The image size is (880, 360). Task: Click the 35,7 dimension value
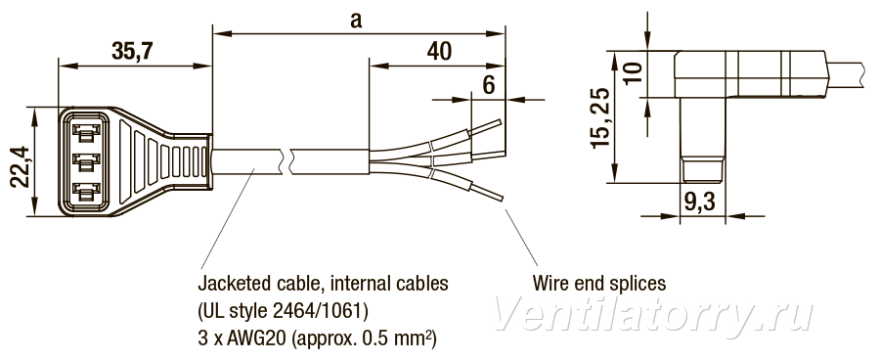(x=132, y=51)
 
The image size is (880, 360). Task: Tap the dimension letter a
(x=356, y=21)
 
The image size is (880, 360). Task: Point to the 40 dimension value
(x=439, y=51)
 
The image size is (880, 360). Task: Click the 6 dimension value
(x=489, y=85)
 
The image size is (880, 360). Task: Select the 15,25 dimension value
(x=600, y=117)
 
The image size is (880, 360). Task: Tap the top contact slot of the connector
(x=86, y=132)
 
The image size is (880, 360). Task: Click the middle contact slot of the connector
(x=86, y=162)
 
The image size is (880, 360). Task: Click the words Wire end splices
(x=598, y=283)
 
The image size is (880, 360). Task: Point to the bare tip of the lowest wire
(x=488, y=192)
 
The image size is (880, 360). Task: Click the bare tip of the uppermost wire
(x=485, y=127)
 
